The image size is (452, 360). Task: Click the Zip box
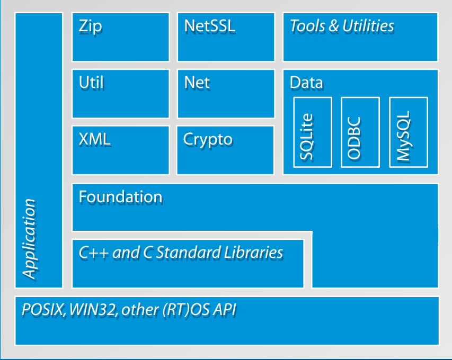[x=120, y=37]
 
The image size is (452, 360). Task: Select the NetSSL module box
[x=226, y=37]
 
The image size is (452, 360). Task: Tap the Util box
[x=120, y=94]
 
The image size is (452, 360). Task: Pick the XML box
[x=120, y=150]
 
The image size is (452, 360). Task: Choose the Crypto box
[x=225, y=150]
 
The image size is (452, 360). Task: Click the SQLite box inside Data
[x=313, y=132]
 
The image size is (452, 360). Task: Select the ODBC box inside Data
[x=360, y=132]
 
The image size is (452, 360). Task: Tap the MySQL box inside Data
[x=409, y=132]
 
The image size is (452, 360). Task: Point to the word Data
[x=306, y=83]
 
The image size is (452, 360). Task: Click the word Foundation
[x=121, y=197]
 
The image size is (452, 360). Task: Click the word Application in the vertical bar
[x=29, y=239]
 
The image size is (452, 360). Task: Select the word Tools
[x=307, y=25]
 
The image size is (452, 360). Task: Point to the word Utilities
[x=368, y=25]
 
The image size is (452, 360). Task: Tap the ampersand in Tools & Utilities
[x=333, y=26]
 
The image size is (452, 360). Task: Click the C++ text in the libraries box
[x=94, y=253]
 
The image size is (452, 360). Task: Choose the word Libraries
[x=254, y=253]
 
